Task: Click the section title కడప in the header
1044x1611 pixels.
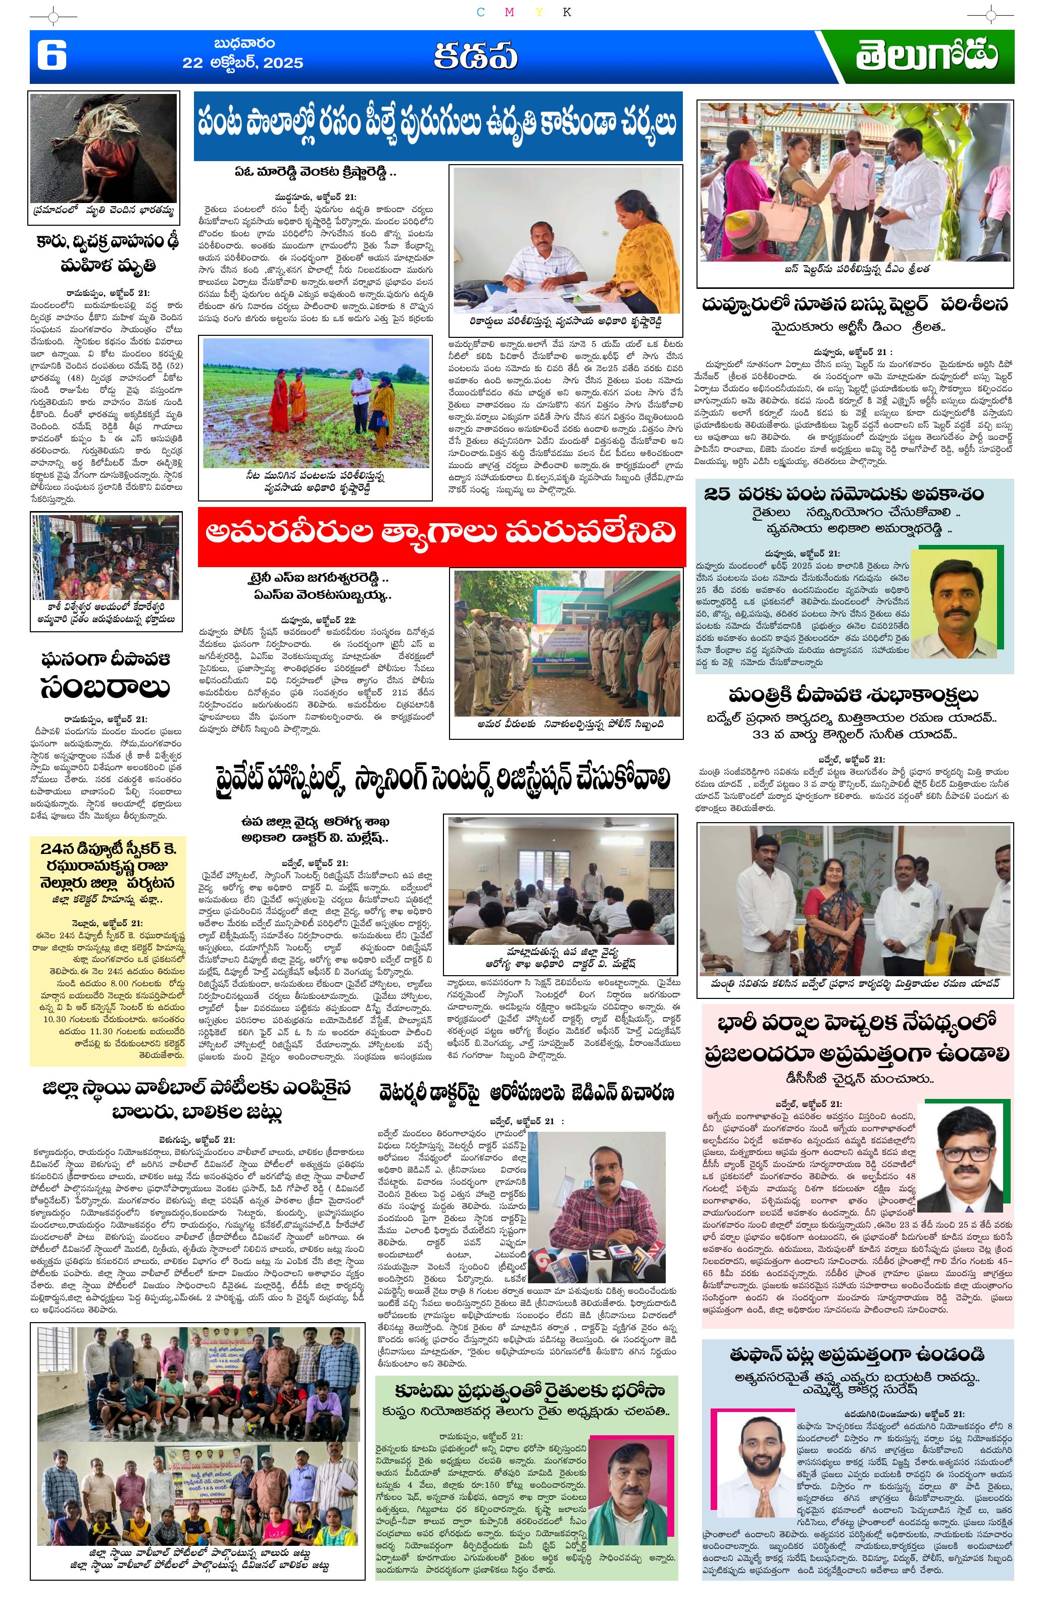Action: click(475, 57)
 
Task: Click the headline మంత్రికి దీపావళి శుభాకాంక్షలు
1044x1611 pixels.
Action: click(855, 695)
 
